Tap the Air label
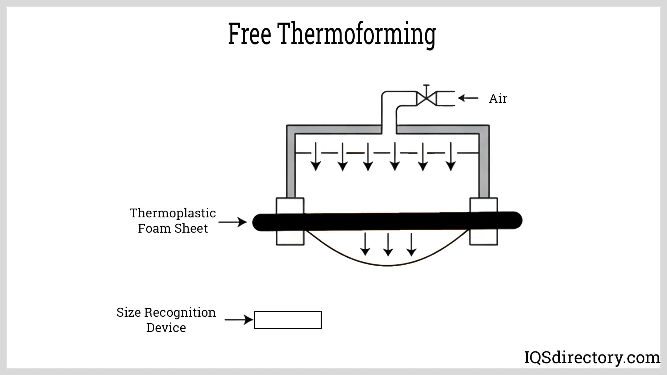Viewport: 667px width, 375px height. pos(498,99)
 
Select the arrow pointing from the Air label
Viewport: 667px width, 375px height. pos(468,98)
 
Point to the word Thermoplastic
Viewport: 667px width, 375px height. pos(173,213)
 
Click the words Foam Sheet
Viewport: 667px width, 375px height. pos(173,228)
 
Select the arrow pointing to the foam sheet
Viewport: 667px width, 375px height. pos(232,222)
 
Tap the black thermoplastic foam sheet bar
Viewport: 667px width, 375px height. pos(387,221)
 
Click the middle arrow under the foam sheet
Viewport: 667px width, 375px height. pos(388,244)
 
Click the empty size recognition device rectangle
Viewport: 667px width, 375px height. pos(288,320)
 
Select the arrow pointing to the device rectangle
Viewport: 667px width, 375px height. pos(239,319)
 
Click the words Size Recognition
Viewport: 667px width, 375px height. pos(166,312)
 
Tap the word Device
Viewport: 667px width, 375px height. pos(166,328)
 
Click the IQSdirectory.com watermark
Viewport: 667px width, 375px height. pos(592,358)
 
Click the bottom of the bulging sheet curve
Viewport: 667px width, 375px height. pos(388,266)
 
